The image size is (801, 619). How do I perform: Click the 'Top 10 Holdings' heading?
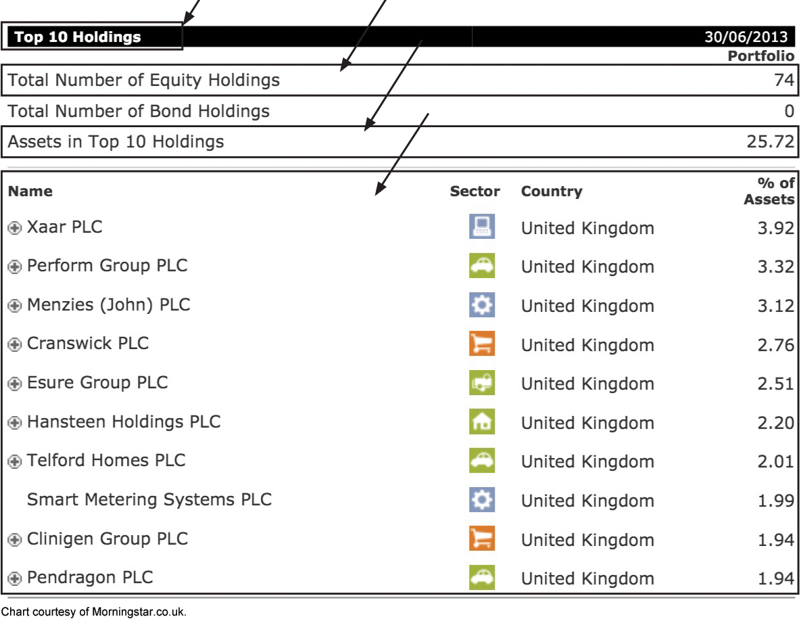pyautogui.click(x=78, y=37)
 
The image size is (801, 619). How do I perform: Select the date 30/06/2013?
pyautogui.click(x=746, y=37)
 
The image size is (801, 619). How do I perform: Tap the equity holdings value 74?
pyautogui.click(x=783, y=80)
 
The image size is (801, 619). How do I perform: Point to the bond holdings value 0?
pyautogui.click(x=790, y=111)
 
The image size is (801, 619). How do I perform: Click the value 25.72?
pyautogui.click(x=771, y=141)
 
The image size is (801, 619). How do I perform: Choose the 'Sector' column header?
pyautogui.click(x=475, y=191)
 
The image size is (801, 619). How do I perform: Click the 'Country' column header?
pyautogui.click(x=552, y=191)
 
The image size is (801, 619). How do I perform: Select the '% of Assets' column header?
pyautogui.click(x=769, y=191)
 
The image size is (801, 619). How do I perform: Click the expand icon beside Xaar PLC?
pyautogui.click(x=15, y=227)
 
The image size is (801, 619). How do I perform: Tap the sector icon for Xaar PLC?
pyautogui.click(x=482, y=227)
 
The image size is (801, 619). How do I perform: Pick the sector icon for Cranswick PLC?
pyautogui.click(x=482, y=343)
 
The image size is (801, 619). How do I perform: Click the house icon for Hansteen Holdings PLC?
pyautogui.click(x=482, y=421)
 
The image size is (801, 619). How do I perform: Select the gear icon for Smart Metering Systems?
pyautogui.click(x=482, y=499)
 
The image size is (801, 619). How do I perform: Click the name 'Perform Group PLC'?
pyautogui.click(x=107, y=266)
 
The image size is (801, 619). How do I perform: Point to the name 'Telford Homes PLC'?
pyautogui.click(x=106, y=460)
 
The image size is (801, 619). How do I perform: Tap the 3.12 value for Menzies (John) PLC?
pyautogui.click(x=775, y=306)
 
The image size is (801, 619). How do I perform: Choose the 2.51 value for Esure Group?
pyautogui.click(x=775, y=384)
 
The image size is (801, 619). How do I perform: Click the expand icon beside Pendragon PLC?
pyautogui.click(x=15, y=578)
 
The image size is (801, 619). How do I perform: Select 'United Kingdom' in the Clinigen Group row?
pyautogui.click(x=587, y=540)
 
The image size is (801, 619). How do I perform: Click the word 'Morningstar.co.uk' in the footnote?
pyautogui.click(x=139, y=612)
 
